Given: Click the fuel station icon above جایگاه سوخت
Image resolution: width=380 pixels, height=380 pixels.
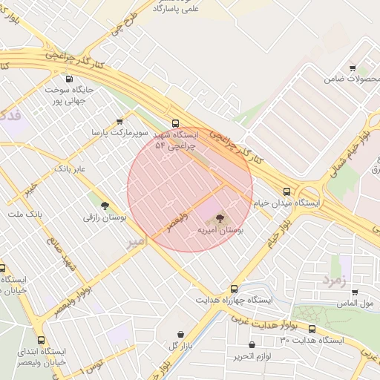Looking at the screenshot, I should [x=69, y=79].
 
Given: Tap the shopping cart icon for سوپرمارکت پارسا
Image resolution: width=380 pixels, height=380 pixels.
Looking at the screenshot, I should [x=119, y=122].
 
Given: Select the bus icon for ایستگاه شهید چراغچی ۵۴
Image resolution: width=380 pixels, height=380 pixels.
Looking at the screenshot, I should [x=175, y=123].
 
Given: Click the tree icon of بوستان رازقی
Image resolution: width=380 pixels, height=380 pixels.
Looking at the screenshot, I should [x=104, y=206].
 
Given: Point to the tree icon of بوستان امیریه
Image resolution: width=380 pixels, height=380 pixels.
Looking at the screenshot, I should [x=220, y=218].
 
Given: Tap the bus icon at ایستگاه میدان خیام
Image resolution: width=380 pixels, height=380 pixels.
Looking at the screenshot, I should [x=287, y=190].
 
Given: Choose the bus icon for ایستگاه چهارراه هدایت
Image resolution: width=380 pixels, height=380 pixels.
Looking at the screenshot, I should [x=234, y=289].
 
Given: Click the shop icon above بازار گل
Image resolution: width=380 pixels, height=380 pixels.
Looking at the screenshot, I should [x=183, y=334].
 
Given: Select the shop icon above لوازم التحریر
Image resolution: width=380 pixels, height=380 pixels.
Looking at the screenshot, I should [x=252, y=344].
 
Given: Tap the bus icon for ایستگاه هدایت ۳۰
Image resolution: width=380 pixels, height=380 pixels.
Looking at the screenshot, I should [x=312, y=329].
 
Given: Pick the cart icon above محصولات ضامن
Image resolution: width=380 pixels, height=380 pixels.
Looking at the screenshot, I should [x=353, y=68].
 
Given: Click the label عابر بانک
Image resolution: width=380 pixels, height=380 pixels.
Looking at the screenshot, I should [x=70, y=170].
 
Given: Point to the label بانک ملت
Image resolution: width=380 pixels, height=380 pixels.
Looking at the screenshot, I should [x=25, y=214].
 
